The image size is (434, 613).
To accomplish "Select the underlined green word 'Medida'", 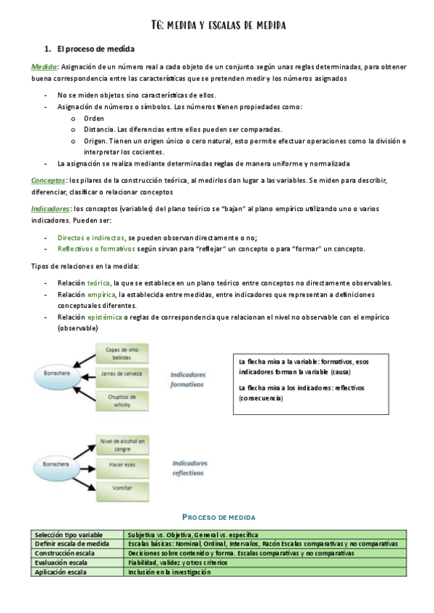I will (x=45, y=67).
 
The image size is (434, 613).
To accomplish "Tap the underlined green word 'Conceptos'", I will (x=48, y=179).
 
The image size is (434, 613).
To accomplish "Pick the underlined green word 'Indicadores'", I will (x=50, y=208).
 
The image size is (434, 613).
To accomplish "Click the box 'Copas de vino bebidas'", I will (x=122, y=353).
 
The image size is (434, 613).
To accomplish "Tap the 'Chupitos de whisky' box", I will (x=122, y=401).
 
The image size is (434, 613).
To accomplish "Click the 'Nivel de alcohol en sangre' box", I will (x=122, y=444).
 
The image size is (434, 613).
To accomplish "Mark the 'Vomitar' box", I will (x=122, y=489).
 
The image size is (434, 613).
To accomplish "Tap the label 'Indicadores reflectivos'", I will (x=190, y=468).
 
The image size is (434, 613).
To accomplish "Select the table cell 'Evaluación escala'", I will (x=62, y=562).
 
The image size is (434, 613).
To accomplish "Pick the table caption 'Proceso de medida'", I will (x=218, y=518).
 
